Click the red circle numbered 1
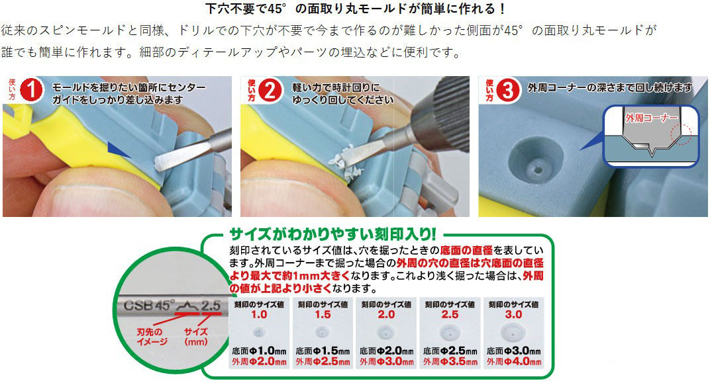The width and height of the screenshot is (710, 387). [x=31, y=89]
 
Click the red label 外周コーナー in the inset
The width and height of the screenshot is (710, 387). [x=652, y=118]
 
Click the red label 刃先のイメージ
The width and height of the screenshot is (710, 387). [x=152, y=336]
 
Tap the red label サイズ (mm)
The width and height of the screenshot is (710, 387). [x=196, y=336]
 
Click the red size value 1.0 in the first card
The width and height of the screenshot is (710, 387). [x=259, y=315]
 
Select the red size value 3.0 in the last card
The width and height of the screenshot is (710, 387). [x=513, y=315]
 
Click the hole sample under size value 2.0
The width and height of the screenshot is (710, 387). [x=385, y=333]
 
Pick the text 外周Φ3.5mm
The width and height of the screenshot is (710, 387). [x=450, y=362]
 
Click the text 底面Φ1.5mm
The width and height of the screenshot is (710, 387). [x=323, y=351]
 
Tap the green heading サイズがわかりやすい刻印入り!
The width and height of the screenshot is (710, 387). [x=332, y=235]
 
